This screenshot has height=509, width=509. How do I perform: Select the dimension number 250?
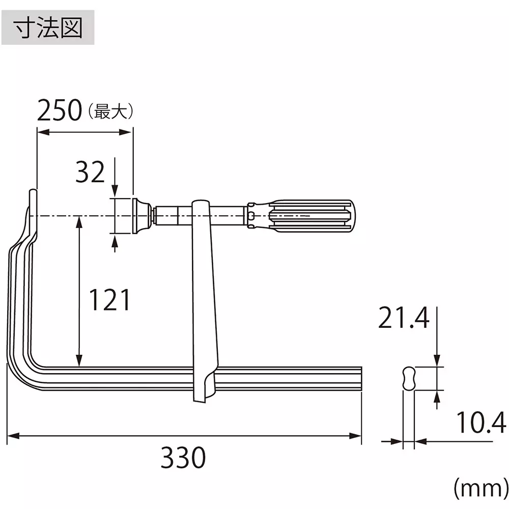(x=60, y=110)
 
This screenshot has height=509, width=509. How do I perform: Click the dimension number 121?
(x=110, y=300)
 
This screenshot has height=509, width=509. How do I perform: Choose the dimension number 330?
(x=183, y=458)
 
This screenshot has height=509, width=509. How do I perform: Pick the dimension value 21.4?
(x=404, y=319)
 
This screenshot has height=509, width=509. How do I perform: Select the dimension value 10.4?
(x=481, y=423)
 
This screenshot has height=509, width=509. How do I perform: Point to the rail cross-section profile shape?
(x=409, y=379)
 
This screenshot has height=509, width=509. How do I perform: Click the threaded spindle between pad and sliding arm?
(x=173, y=216)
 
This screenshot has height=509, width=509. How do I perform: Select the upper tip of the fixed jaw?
(x=33, y=194)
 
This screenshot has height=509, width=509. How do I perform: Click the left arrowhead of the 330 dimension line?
(x=11, y=436)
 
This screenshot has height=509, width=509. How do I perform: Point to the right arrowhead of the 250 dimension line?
(x=128, y=132)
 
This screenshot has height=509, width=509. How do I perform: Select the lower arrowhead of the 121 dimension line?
(x=79, y=361)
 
